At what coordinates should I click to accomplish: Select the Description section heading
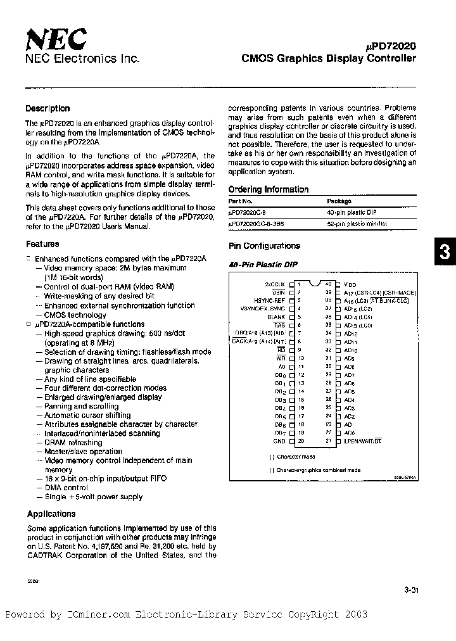[47, 108]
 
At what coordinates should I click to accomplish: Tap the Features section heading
[42, 244]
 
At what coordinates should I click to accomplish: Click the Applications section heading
[51, 514]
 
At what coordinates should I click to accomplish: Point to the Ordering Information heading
[268, 189]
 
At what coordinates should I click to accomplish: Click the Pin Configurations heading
[263, 246]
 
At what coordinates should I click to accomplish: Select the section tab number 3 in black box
[445, 253]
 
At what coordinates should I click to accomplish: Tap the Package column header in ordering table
[342, 200]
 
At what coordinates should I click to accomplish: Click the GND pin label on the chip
[279, 441]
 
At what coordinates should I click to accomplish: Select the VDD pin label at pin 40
[350, 285]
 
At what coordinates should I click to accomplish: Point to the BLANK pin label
[276, 316]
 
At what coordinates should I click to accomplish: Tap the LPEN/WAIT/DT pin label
[363, 440]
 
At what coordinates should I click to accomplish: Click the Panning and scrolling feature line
[81, 406]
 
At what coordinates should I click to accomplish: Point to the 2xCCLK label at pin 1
[275, 285]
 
